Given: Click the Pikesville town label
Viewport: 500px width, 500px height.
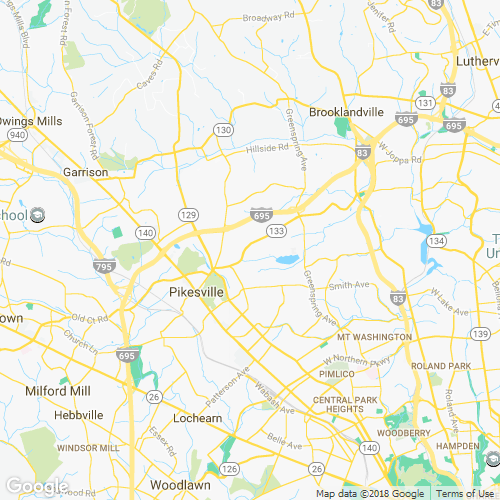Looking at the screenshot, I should [x=189, y=291].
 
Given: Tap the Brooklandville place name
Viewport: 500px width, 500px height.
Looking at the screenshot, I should [x=346, y=113].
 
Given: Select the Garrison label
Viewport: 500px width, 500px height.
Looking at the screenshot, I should [x=85, y=172].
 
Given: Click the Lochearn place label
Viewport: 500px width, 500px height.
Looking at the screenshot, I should [x=197, y=417].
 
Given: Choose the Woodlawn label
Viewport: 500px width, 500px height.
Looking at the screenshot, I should [x=178, y=484].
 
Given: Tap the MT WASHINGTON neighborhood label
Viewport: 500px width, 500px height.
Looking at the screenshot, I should [x=374, y=337].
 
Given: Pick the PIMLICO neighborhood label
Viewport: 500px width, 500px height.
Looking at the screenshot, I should [x=337, y=373].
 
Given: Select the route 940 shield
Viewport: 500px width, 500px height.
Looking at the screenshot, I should [x=15, y=134].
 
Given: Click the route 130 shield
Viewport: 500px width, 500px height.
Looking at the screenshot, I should [x=223, y=130].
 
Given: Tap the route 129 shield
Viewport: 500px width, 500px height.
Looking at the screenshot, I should [x=187, y=215].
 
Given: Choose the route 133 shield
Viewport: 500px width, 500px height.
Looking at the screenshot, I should [x=273, y=231].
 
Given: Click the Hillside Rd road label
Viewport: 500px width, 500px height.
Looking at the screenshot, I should [x=267, y=149].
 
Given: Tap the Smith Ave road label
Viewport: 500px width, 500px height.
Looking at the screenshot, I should [x=348, y=285].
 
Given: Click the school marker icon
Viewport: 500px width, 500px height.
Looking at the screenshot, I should [x=37, y=214].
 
